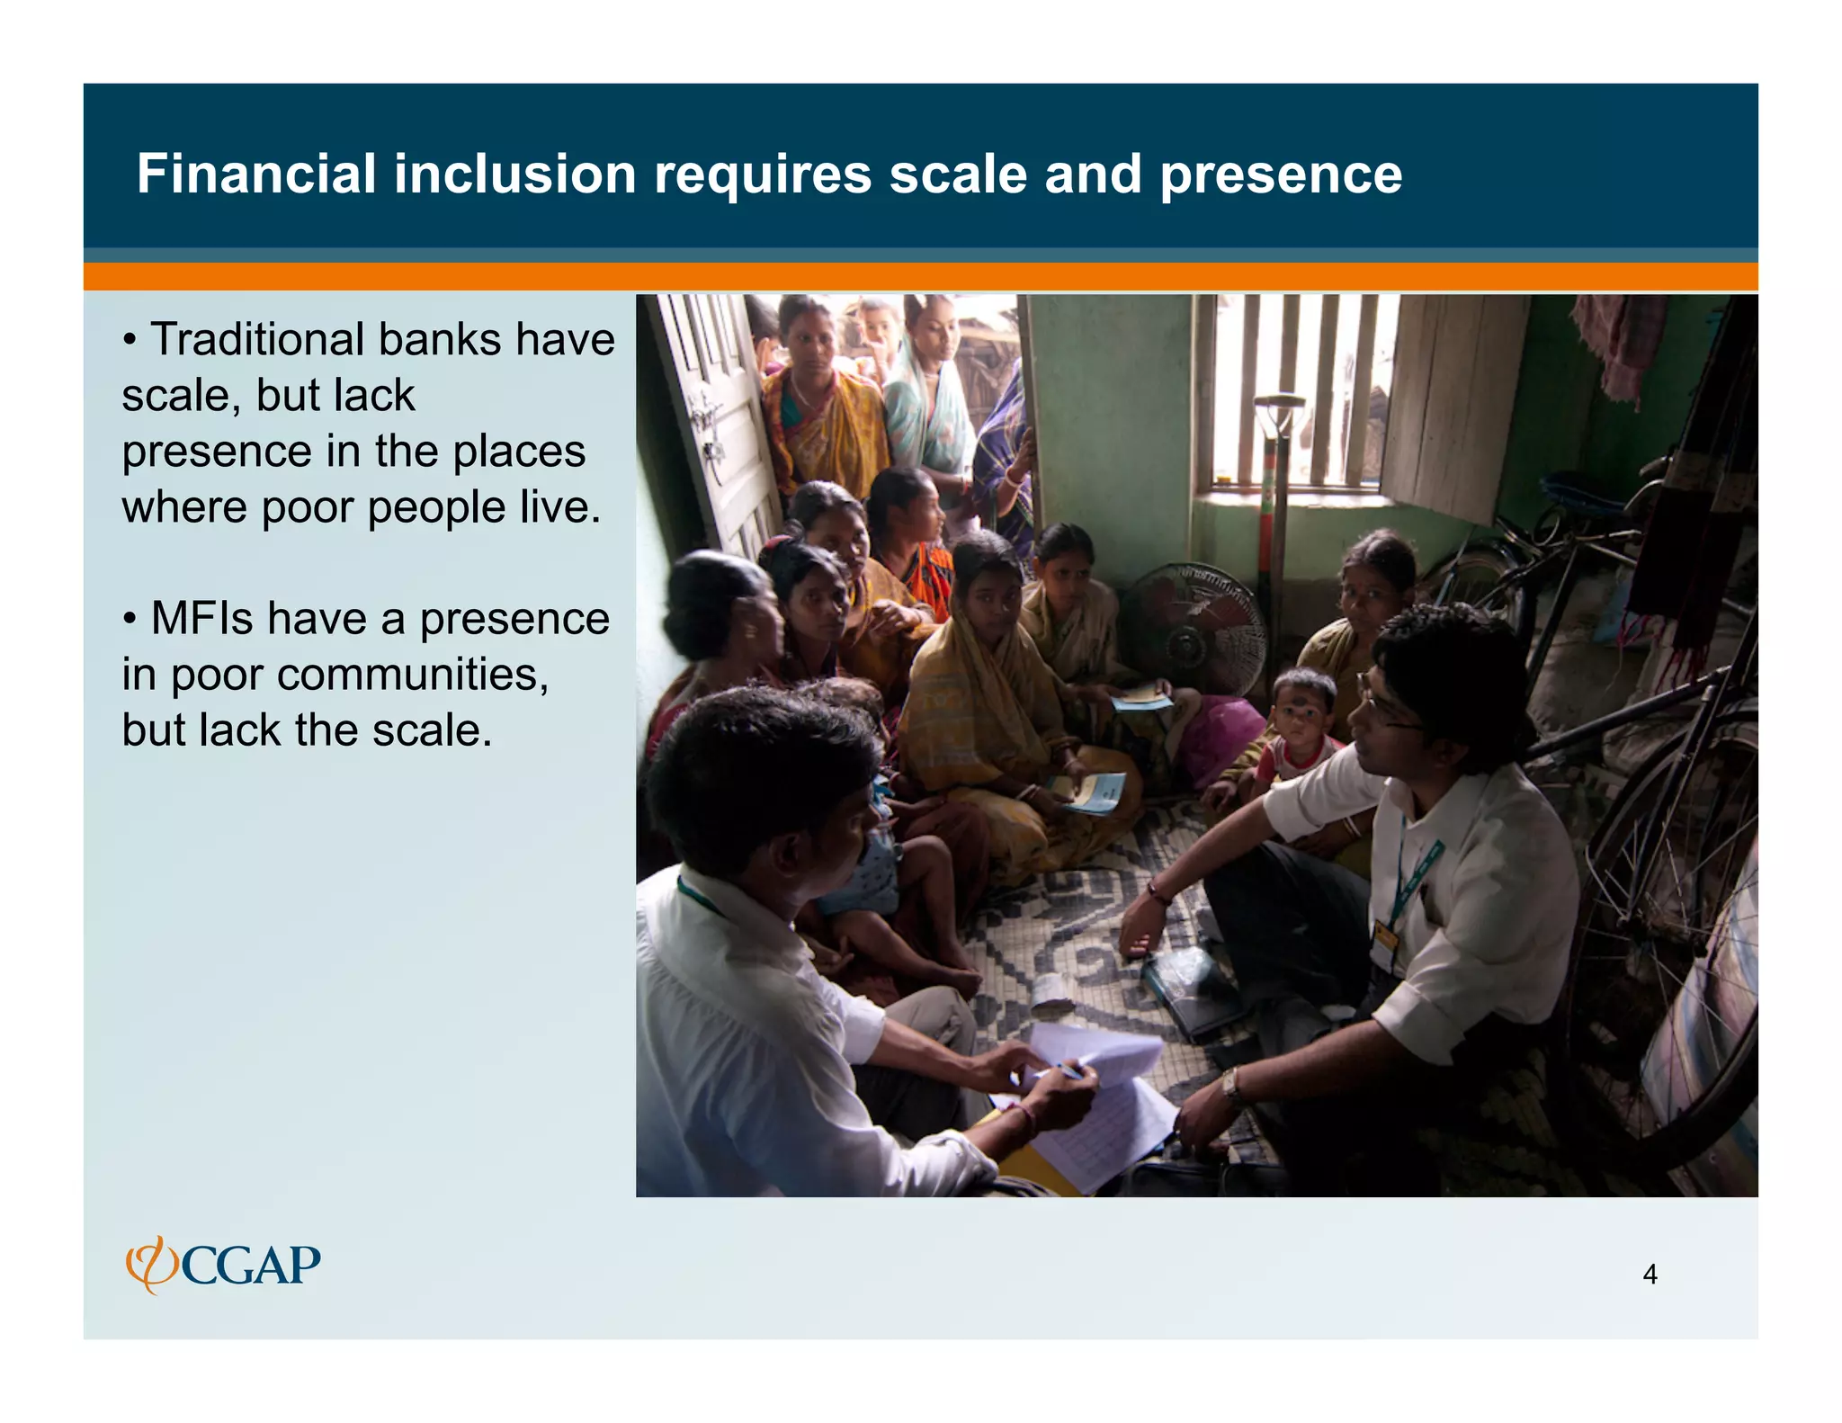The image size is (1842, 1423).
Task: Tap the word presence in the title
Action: point(1280,174)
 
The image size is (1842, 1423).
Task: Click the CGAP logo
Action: point(223,1265)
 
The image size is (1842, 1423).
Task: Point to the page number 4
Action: point(1650,1274)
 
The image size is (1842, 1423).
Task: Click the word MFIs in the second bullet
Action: point(201,619)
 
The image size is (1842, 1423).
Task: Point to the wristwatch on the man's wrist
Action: point(1230,1085)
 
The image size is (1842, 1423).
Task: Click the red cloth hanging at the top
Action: point(1619,342)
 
